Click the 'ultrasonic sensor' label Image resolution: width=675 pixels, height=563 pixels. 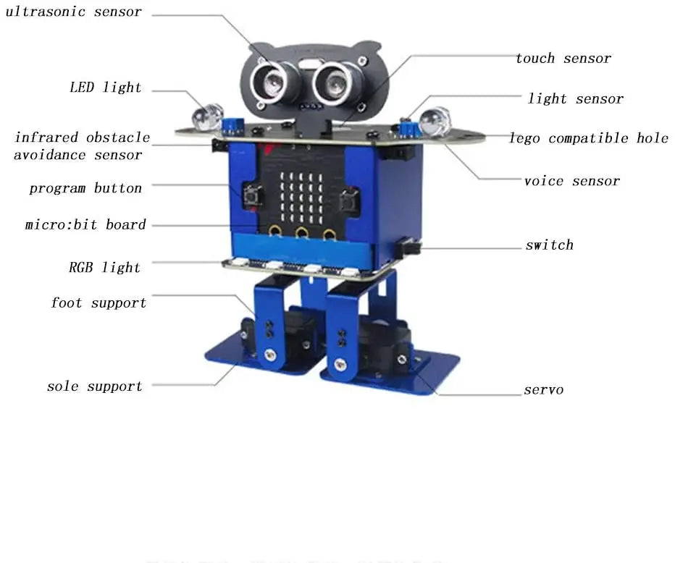tap(73, 12)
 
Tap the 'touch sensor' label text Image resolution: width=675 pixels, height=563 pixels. tap(563, 59)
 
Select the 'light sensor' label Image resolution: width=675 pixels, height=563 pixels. tap(576, 99)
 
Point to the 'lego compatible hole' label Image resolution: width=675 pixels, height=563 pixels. tap(589, 138)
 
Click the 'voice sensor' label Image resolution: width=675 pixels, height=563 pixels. tap(572, 181)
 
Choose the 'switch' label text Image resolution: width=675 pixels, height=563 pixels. tap(550, 245)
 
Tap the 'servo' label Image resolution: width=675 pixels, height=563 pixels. tap(544, 390)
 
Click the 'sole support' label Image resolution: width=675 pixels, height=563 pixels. tap(95, 386)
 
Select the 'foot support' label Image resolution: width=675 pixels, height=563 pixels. tap(98, 303)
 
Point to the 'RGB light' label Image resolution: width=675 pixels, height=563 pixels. tap(104, 268)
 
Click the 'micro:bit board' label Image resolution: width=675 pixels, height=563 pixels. tap(85, 225)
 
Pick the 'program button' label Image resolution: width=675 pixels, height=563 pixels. tap(85, 189)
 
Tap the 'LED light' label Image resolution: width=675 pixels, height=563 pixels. tap(106, 88)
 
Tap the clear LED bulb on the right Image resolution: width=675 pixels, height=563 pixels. tap(435, 122)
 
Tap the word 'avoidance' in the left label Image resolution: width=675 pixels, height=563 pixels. tap(46, 155)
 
